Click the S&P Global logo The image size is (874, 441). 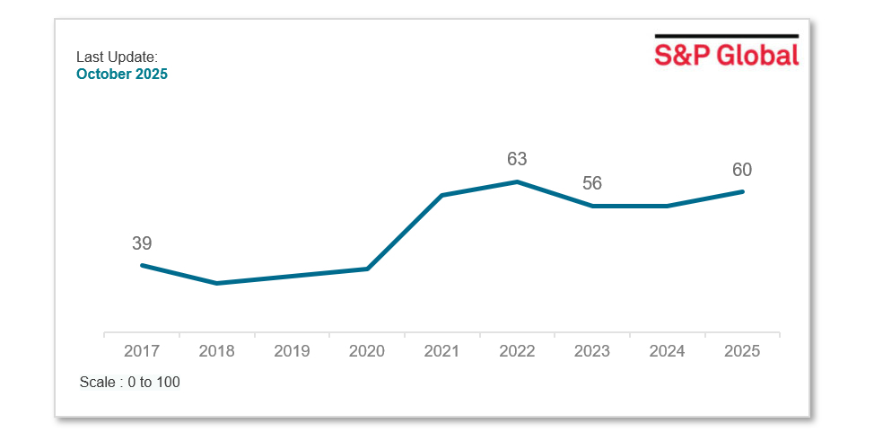click(726, 52)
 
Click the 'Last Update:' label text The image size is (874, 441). click(117, 57)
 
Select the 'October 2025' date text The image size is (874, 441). click(122, 75)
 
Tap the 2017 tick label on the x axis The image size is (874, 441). click(142, 351)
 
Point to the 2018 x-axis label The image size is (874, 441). click(217, 351)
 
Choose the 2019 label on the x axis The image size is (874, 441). click(292, 351)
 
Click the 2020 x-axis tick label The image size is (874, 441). click(367, 351)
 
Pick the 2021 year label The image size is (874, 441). click(442, 351)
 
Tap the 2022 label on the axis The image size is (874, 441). click(517, 351)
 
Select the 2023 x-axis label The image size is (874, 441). click(592, 351)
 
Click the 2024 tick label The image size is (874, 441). click(668, 351)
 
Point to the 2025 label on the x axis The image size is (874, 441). click(742, 351)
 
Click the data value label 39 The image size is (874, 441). click(142, 243)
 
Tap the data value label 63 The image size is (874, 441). click(517, 160)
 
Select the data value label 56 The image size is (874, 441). click(592, 184)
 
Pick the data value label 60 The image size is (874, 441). click(742, 170)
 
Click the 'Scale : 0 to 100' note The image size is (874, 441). click(130, 383)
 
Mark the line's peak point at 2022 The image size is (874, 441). click(517, 182)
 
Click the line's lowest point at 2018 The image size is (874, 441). click(217, 283)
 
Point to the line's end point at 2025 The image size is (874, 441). click(743, 191)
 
